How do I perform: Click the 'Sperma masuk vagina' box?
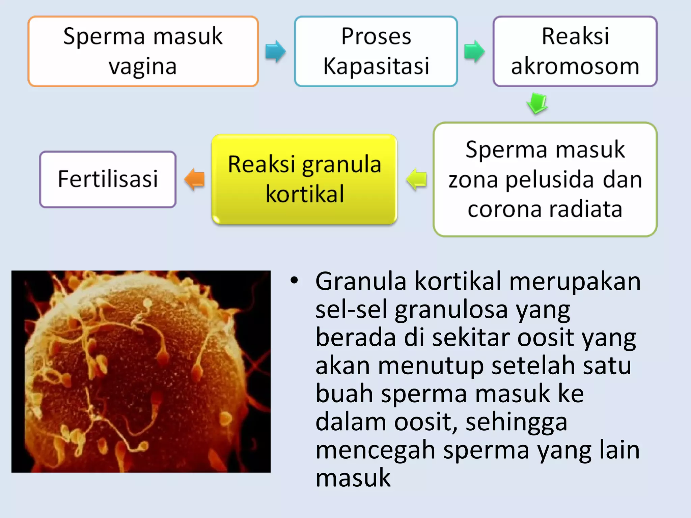(143, 51)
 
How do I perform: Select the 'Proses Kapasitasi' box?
(376, 51)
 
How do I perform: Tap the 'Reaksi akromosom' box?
(575, 51)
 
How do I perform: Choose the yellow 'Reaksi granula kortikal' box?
(304, 179)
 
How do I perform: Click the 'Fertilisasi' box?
(108, 179)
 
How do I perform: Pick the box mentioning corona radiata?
(545, 179)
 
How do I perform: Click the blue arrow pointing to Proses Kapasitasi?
(275, 51)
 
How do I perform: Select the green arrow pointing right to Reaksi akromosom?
(474, 51)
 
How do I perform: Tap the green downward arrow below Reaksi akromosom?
(537, 103)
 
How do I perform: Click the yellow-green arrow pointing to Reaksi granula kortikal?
(416, 179)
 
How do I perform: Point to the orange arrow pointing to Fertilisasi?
(195, 179)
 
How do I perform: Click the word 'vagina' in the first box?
(143, 66)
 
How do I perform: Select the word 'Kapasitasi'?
(376, 66)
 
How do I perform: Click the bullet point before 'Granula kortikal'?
(294, 281)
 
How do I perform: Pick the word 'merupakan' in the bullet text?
(575, 282)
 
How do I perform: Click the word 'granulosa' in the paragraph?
(451, 310)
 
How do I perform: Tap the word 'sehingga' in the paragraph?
(516, 423)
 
